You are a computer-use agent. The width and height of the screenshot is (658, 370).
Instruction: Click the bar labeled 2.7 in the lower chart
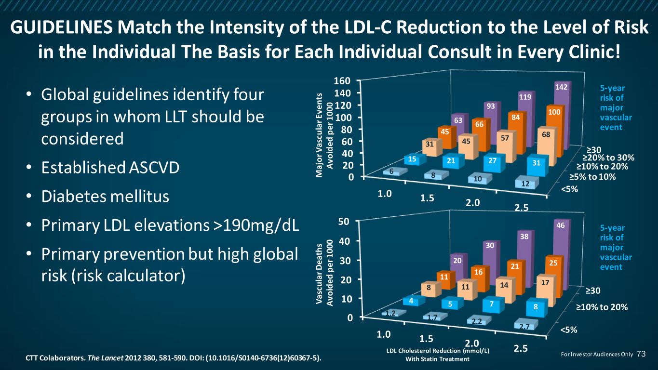[529, 326]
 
